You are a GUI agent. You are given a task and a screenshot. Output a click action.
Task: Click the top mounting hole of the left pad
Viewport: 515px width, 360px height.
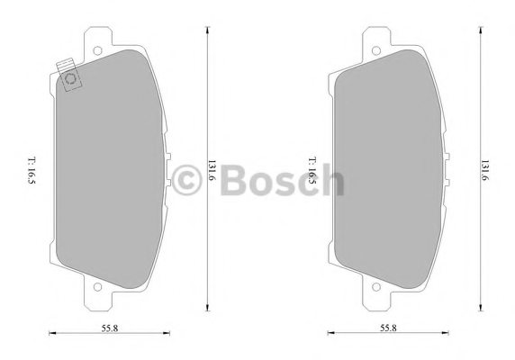point(97,50)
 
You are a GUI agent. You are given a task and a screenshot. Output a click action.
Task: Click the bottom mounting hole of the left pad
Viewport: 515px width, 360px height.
point(97,286)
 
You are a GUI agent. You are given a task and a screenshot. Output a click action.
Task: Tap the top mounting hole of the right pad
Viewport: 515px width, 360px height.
point(376,50)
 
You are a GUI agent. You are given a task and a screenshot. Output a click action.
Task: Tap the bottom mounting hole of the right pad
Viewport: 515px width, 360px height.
point(376,287)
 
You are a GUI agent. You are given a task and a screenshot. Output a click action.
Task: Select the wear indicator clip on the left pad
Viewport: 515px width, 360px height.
point(69,75)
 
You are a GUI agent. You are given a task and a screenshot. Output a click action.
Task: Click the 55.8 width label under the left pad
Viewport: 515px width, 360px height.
point(109,328)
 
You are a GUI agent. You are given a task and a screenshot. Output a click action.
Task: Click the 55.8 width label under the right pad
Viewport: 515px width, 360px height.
point(388,328)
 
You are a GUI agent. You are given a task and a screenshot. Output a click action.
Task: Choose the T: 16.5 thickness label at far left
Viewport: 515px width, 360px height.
point(32,170)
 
